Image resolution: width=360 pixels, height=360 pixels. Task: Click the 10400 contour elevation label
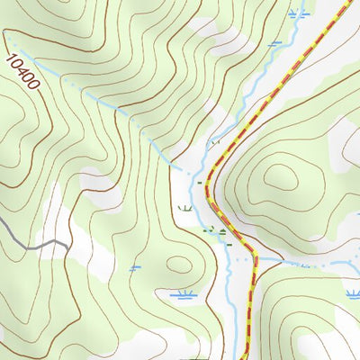click(x=22, y=72)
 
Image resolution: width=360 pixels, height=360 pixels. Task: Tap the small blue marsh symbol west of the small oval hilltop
click(x=135, y=267)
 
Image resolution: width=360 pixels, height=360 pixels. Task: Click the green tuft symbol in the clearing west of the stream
click(x=185, y=208)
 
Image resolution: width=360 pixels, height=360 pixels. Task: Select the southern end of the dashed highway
click(x=247, y=357)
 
